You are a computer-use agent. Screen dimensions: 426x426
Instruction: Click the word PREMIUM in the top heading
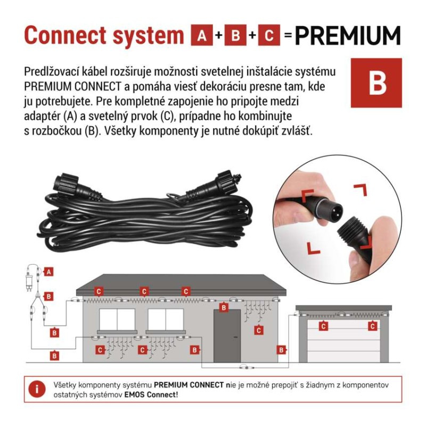[348, 36]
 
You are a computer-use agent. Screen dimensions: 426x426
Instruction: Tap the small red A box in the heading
[202, 35]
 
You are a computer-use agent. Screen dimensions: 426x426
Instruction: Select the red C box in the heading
[269, 35]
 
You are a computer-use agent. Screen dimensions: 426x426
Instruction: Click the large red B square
[376, 83]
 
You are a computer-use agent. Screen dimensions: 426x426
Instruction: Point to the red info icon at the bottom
[37, 389]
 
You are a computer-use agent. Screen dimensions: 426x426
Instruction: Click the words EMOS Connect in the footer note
[150, 395]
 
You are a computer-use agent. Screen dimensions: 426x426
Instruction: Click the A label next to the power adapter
[48, 272]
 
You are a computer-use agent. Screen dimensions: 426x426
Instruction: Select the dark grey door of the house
[227, 336]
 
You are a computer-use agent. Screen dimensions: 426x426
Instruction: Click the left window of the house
[117, 319]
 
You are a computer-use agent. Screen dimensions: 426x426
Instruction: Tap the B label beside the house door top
[224, 308]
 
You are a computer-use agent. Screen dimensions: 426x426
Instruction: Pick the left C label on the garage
[323, 326]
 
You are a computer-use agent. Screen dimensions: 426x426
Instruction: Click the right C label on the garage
[372, 326]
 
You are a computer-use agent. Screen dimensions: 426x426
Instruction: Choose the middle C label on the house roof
[144, 292]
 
